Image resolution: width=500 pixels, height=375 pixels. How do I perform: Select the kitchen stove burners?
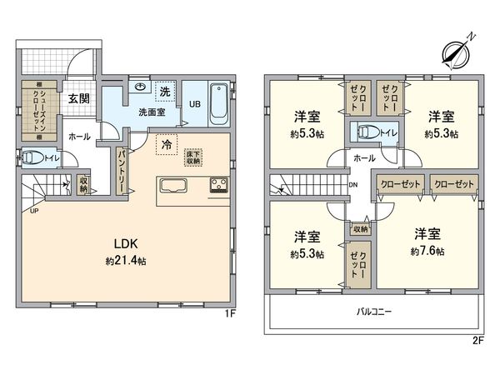pos(217,184)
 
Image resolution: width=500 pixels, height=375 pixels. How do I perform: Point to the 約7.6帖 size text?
pos(427,252)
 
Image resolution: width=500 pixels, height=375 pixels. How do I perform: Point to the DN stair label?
pos(352,185)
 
